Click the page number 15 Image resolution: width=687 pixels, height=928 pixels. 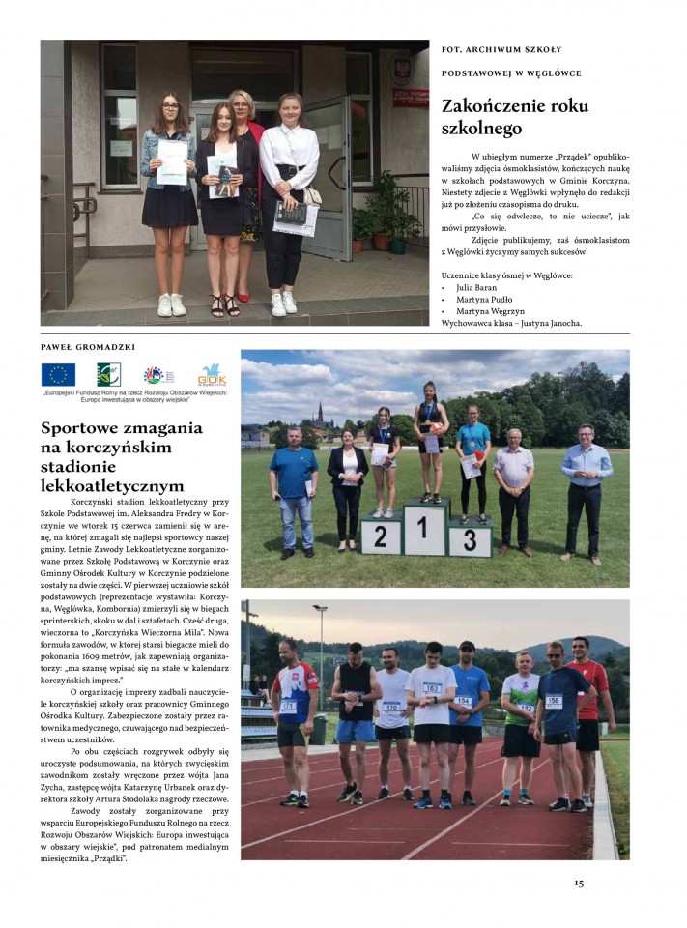coord(579,883)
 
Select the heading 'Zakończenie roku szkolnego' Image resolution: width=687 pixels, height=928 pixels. coord(496,116)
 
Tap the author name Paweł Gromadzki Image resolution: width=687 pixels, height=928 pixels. coord(86,345)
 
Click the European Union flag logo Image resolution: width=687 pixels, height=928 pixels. coord(58,374)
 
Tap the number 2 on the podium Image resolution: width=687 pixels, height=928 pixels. coord(381,537)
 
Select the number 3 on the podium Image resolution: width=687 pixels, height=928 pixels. coord(470,540)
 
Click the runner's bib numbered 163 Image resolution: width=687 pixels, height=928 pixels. coord(431,689)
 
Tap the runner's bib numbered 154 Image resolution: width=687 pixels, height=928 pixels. coord(463,701)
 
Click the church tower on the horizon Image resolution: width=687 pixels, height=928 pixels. coord(318,414)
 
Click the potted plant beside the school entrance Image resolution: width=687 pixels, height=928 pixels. coord(386,213)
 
